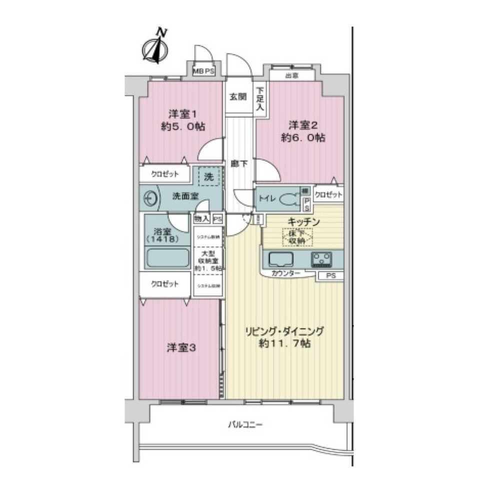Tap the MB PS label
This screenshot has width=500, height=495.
pos(204,71)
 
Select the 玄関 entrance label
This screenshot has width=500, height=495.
pos(237,97)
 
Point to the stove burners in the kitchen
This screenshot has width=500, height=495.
pos(321,259)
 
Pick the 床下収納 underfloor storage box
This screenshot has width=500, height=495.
pos(297,236)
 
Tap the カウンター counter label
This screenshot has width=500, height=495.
pos(286,274)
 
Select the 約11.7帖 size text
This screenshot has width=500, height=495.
pos(284,344)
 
